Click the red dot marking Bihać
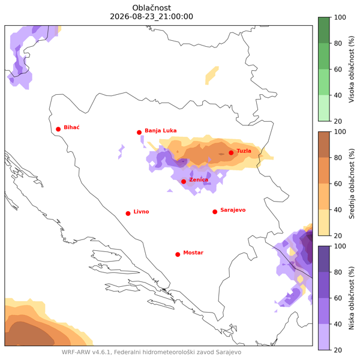click(58, 129)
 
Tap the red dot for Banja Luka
click(139, 133)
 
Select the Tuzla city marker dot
click(231, 152)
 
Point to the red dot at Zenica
click(184, 182)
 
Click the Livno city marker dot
click(128, 214)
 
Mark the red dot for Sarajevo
click(215, 212)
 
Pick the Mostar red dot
click(178, 254)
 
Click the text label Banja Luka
click(161, 131)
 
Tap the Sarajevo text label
click(233, 210)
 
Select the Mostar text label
click(193, 253)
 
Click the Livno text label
click(141, 212)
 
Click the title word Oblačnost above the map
click(152, 8)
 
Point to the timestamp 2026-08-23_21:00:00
click(152, 17)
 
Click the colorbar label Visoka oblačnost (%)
click(352, 69)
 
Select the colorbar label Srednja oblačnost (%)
click(352, 184)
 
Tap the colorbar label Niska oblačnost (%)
click(352, 298)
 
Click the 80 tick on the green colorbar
click(338, 43)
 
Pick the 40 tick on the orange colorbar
click(338, 209)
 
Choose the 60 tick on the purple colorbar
click(338, 298)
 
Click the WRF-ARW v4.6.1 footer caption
click(152, 352)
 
